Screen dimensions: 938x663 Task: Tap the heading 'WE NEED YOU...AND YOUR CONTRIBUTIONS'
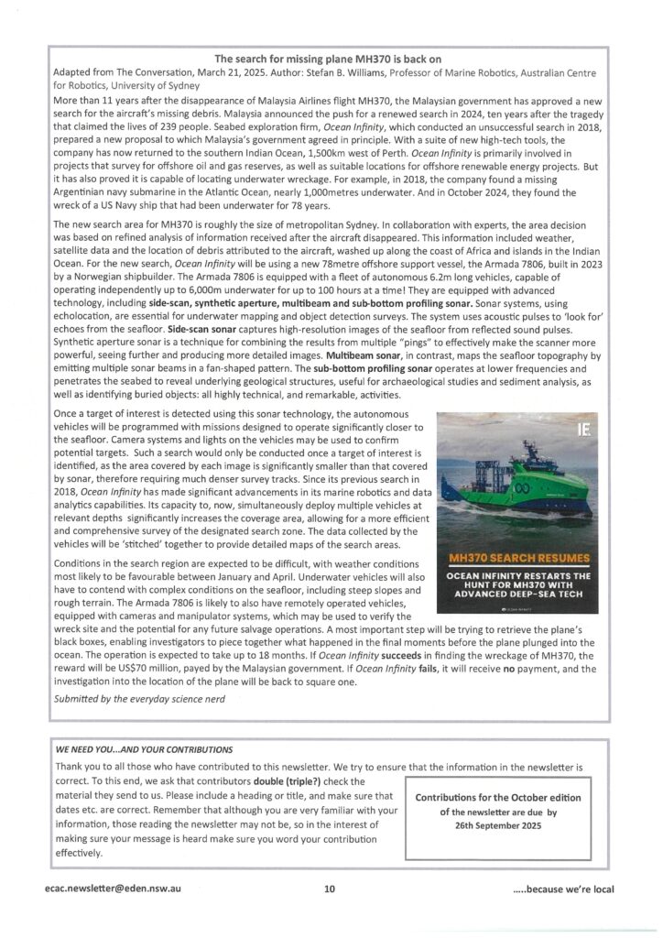[145, 748]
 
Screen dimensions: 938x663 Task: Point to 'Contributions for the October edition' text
[497, 798]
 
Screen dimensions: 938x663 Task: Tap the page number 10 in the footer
[330, 888]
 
